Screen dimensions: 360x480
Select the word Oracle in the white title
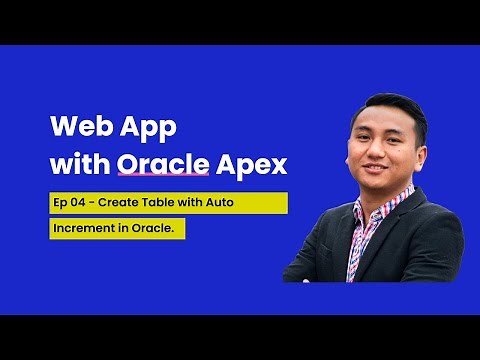[x=152, y=161]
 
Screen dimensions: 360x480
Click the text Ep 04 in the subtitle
[x=70, y=202]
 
